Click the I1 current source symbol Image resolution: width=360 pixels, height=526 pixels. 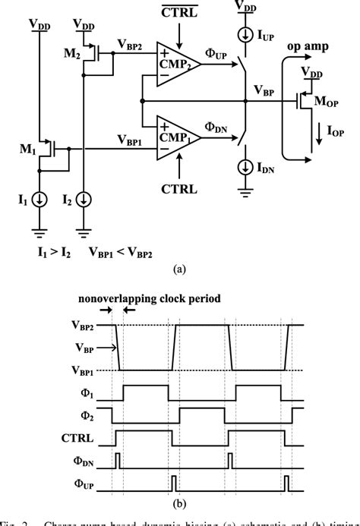click(x=42, y=200)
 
